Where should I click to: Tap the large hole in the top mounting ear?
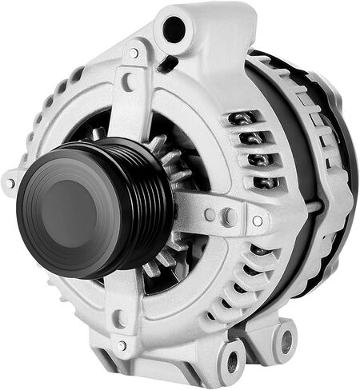(174, 30)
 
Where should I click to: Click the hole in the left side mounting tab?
(10, 184)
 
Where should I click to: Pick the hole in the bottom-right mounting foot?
(286, 340)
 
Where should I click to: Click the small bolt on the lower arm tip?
(122, 345)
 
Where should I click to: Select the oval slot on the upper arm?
(127, 82)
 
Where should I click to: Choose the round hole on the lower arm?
(119, 319)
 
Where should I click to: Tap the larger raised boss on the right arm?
(228, 216)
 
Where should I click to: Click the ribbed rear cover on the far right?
(336, 184)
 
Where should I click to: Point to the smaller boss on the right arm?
(210, 215)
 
